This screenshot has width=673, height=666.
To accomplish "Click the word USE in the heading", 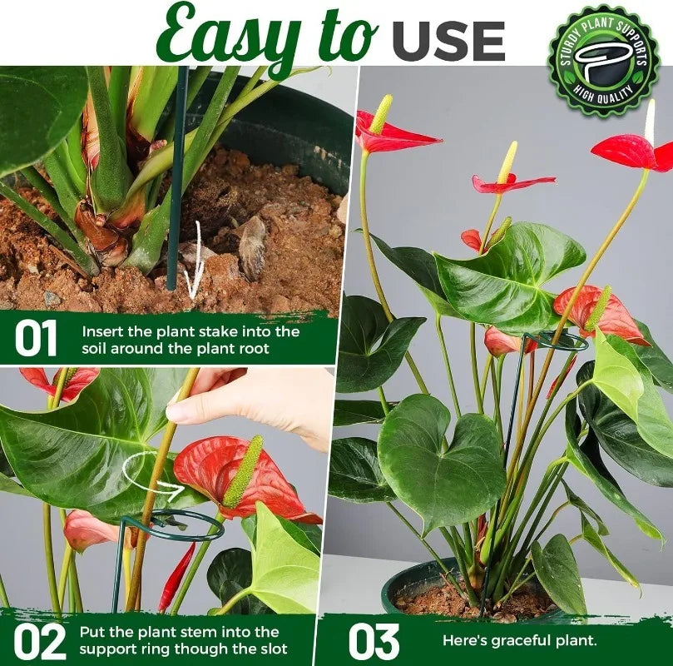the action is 448,42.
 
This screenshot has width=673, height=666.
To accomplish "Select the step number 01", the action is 36,339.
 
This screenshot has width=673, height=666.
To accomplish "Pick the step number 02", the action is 39,642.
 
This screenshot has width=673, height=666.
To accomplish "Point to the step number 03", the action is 374,642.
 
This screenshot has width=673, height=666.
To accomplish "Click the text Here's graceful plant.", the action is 520,641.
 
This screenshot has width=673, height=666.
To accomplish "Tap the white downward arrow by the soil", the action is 195,262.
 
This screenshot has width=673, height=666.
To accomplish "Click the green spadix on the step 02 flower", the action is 244,472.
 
